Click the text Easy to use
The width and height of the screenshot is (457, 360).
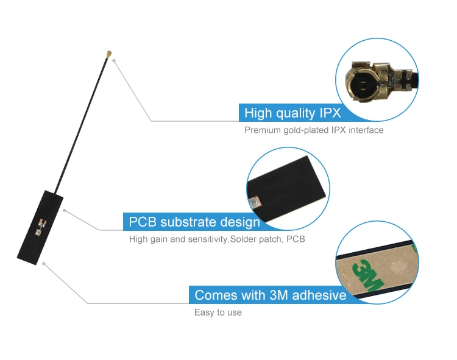tap(218, 312)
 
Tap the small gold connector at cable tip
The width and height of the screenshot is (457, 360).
tap(107, 57)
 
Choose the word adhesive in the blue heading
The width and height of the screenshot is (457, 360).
tap(319, 295)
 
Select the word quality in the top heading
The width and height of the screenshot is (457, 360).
tap(295, 113)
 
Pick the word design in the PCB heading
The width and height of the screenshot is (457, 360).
tap(239, 222)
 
